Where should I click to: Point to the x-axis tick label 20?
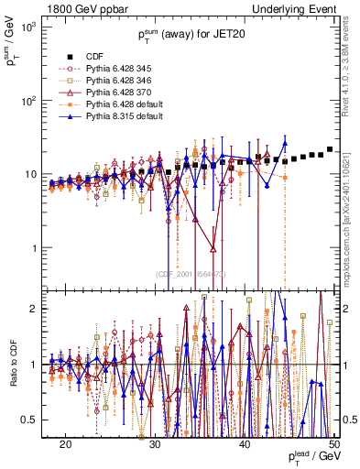65,443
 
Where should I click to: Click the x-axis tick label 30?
155,443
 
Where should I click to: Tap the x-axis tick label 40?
245,443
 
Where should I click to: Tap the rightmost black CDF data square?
329,148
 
